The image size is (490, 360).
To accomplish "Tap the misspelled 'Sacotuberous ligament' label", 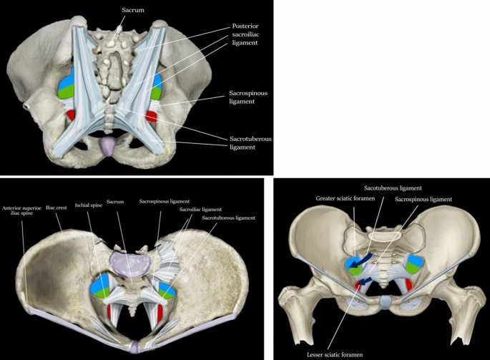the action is pos(392,188).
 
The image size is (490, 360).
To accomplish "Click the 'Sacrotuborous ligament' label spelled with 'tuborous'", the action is pos(229,217).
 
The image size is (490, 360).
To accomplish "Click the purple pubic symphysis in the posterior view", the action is pos(107,148).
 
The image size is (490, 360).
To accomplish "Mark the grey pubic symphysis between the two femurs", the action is pos(385,303).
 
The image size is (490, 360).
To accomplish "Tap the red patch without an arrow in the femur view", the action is pos(408,286).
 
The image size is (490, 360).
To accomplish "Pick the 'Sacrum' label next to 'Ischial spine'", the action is pos(114,203).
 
